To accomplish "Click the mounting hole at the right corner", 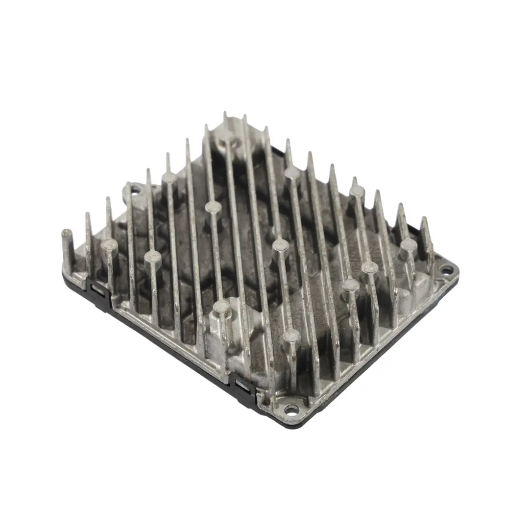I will [447, 269].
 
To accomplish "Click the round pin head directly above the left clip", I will [109, 243].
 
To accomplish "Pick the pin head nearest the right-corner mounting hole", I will [408, 243].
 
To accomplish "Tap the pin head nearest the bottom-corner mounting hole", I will [291, 336].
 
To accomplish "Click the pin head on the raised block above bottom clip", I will [221, 306].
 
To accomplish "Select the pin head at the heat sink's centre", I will [281, 243].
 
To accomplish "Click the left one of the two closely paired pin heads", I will [351, 284].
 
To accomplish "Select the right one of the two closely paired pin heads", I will [370, 267].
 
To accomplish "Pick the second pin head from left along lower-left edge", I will [152, 256].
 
